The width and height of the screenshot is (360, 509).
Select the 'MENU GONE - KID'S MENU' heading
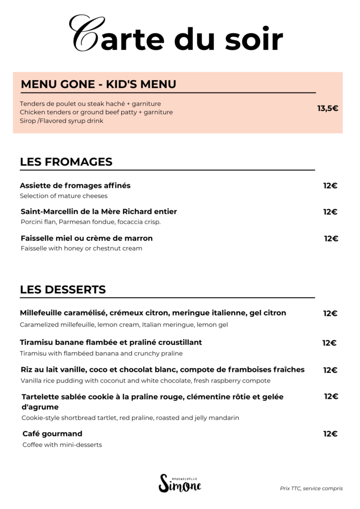tap(98, 84)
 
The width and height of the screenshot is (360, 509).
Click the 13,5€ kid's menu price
tap(328, 108)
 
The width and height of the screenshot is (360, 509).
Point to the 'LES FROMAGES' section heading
tap(66, 162)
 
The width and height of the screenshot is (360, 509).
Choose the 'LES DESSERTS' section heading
tap(63, 289)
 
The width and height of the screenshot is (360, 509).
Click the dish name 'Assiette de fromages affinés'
tap(75, 185)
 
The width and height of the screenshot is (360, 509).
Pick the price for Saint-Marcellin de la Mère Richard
tap(330, 212)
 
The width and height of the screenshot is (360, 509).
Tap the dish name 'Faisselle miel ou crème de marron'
tap(87, 238)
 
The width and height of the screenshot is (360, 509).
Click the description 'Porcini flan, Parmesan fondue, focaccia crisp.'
tap(90, 222)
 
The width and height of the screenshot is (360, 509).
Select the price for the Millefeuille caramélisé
tap(330, 313)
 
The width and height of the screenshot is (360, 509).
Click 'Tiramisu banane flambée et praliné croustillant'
tap(111, 342)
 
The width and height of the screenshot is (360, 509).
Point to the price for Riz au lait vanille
tap(330, 370)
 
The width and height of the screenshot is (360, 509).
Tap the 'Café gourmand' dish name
tap(52, 434)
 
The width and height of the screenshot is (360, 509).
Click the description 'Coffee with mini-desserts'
tap(62, 445)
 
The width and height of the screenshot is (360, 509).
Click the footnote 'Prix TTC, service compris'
tap(311, 489)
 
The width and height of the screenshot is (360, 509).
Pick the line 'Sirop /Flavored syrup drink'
tap(62, 121)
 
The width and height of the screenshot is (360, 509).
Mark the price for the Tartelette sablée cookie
tap(331, 396)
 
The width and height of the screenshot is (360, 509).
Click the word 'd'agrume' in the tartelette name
tap(40, 407)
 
